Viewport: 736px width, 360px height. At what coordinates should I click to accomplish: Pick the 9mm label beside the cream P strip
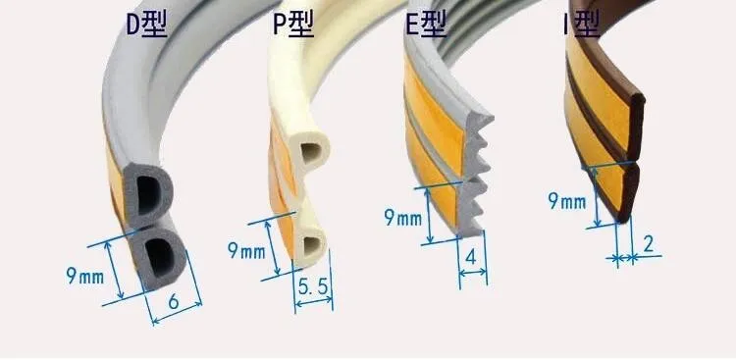[x=245, y=250]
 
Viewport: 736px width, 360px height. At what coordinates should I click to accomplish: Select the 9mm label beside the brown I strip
[x=566, y=201]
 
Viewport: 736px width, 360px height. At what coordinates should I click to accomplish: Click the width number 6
[x=173, y=303]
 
